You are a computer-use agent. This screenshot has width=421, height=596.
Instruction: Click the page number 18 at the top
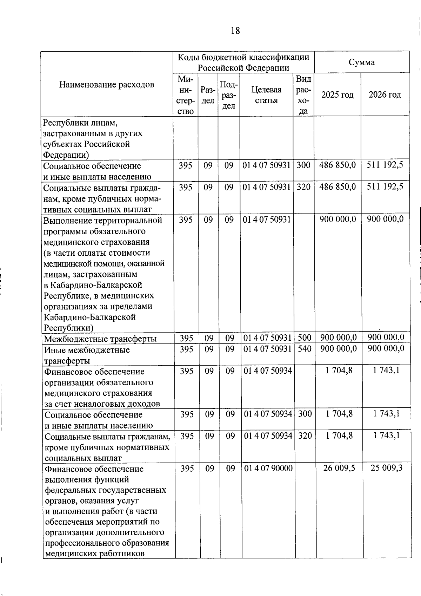[235, 31]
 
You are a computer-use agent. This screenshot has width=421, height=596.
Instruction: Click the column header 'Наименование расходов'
[107, 85]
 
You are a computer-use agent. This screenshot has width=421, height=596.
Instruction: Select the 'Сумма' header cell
[362, 63]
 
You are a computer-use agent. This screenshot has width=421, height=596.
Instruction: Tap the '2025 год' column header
[338, 95]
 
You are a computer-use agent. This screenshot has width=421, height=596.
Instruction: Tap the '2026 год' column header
[385, 95]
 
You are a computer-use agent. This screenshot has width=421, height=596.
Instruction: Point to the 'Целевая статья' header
[266, 95]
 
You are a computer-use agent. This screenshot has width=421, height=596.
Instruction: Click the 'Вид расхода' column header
[303, 95]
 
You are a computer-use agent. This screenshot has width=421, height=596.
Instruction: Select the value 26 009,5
[339, 468]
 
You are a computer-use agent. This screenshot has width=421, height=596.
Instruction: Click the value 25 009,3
[387, 468]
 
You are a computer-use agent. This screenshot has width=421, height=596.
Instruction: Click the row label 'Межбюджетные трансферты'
[100, 339]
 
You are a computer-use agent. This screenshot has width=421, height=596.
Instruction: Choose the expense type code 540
[305, 349]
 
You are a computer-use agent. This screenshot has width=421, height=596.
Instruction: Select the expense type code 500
[305, 338]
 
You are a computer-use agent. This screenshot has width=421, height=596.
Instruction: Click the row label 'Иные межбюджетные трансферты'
[87, 355]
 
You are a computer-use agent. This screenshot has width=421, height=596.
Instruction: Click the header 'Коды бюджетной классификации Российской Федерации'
[243, 63]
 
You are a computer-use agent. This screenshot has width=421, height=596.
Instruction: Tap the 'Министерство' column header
[186, 95]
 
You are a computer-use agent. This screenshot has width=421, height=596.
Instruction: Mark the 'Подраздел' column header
[229, 95]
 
